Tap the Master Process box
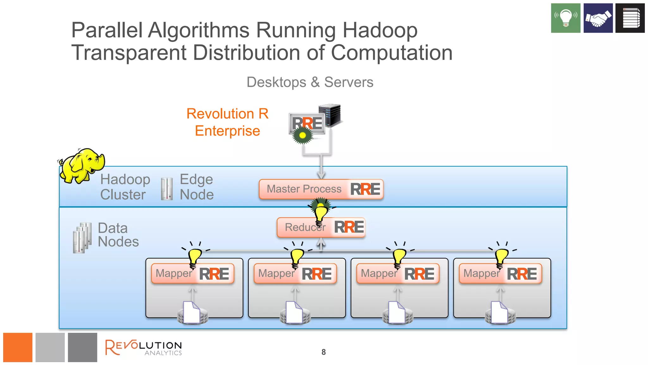click(321, 189)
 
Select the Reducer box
click(321, 227)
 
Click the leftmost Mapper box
click(192, 273)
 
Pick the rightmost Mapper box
click(500, 273)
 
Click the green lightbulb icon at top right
click(565, 18)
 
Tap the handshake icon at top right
click(598, 18)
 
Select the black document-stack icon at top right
click(630, 18)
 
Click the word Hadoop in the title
click(380, 30)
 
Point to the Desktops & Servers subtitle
click(310, 82)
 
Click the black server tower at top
click(330, 115)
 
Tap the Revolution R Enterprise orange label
click(227, 122)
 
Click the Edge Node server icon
click(167, 189)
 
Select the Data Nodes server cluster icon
click(82, 238)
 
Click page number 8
click(323, 352)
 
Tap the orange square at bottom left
click(18, 347)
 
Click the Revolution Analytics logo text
click(144, 348)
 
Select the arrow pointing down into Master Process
click(321, 168)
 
